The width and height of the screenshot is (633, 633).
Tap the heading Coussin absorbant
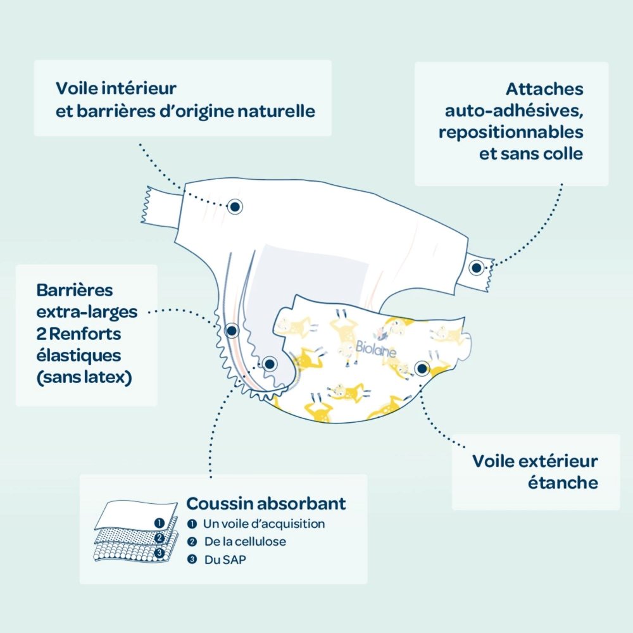[266, 504]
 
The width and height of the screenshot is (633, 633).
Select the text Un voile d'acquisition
[263, 524]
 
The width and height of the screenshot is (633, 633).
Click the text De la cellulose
[244, 542]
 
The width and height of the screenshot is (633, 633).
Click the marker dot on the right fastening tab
[476, 268]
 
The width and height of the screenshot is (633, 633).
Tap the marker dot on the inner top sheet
[235, 206]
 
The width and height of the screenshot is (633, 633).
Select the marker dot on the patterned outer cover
[422, 368]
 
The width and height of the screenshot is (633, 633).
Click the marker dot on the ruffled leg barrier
[232, 330]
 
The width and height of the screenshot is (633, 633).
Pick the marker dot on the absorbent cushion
[270, 364]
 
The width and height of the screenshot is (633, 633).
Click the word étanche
[563, 482]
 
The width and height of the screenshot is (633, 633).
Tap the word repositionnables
[510, 133]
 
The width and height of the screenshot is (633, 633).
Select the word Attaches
[544, 89]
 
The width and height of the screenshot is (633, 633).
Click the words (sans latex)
[84, 378]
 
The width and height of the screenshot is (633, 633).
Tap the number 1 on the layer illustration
[160, 523]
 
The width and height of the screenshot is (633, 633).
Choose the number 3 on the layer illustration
[160, 553]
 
